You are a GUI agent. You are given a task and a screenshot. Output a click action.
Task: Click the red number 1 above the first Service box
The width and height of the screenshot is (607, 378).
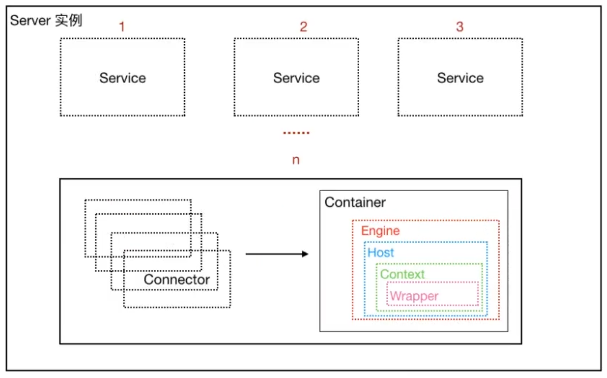pyautogui.click(x=122, y=26)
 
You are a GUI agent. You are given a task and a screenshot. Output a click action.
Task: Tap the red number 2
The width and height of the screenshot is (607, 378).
pyautogui.click(x=303, y=26)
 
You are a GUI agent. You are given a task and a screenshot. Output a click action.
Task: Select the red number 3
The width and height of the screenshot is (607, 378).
pyautogui.click(x=459, y=26)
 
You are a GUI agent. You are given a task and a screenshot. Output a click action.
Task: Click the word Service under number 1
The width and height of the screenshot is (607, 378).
pyautogui.click(x=123, y=78)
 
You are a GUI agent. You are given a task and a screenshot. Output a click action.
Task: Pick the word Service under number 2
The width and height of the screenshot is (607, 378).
pyautogui.click(x=296, y=78)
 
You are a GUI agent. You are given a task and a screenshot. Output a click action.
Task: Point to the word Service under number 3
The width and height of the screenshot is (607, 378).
pyautogui.click(x=460, y=78)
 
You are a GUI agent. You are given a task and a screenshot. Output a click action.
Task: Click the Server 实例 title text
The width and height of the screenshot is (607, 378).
pyautogui.click(x=46, y=21)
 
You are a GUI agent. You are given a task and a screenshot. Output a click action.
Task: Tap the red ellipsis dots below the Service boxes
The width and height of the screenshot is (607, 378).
pyautogui.click(x=296, y=133)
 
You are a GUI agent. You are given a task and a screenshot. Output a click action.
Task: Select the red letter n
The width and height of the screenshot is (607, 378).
pyautogui.click(x=296, y=160)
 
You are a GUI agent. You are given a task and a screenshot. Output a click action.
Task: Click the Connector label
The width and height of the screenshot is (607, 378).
pyautogui.click(x=176, y=279)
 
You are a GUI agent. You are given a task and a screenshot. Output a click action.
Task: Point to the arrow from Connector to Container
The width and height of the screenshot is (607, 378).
pyautogui.click(x=277, y=254)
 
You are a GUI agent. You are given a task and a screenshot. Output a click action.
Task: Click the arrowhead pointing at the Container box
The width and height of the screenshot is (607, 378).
pyautogui.click(x=306, y=254)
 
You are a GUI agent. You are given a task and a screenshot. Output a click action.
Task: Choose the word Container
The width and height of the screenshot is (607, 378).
pyautogui.click(x=355, y=202)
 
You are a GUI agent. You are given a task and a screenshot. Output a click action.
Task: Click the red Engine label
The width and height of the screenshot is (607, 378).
pyautogui.click(x=380, y=231)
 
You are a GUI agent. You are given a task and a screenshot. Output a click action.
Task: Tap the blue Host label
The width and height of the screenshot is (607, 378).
pyautogui.click(x=380, y=252)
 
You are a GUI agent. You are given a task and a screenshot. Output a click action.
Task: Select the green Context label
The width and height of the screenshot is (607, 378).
pyautogui.click(x=402, y=274)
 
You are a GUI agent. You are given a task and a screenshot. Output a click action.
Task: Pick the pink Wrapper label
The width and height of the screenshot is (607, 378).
pyautogui.click(x=414, y=296)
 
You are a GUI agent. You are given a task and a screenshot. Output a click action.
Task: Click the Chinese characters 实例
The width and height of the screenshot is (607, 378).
pyautogui.click(x=69, y=21)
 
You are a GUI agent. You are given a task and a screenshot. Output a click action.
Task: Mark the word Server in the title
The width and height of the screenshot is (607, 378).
pyautogui.click(x=31, y=21)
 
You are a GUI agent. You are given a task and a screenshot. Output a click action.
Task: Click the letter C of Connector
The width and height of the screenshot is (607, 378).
pyautogui.click(x=149, y=279)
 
